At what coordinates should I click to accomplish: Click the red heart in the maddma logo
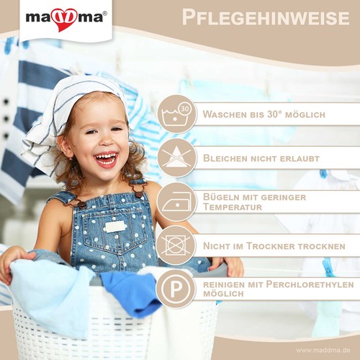64,20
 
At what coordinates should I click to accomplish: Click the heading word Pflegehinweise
266,17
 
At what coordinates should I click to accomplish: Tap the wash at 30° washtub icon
176,114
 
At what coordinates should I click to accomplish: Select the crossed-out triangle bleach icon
176,158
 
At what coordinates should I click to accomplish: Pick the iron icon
176,202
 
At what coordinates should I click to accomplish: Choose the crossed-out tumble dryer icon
176,246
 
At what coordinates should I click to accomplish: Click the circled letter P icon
176,289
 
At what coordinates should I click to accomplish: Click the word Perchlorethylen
310,284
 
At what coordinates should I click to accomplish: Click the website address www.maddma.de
322,350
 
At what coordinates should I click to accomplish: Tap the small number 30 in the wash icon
185,109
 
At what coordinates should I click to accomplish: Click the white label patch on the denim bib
115,227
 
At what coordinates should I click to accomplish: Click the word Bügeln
221,197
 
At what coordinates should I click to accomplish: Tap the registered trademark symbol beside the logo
104,14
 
